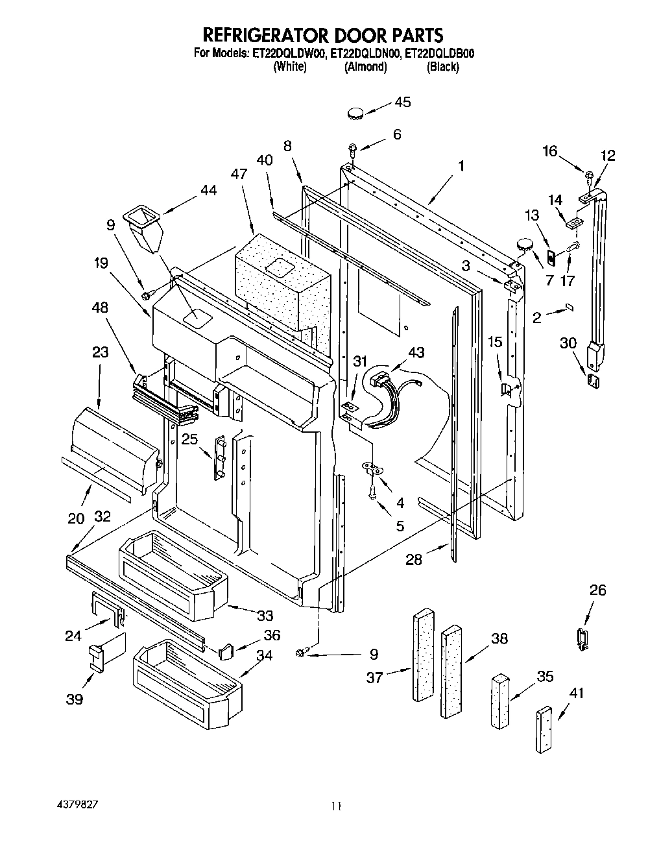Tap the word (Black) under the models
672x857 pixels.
click(x=442, y=67)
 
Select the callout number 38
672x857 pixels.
click(x=499, y=638)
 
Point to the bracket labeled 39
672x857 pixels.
click(x=96, y=657)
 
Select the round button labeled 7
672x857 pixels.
click(x=523, y=245)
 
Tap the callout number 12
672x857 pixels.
click(x=607, y=156)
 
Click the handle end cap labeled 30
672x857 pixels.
click(x=593, y=380)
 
